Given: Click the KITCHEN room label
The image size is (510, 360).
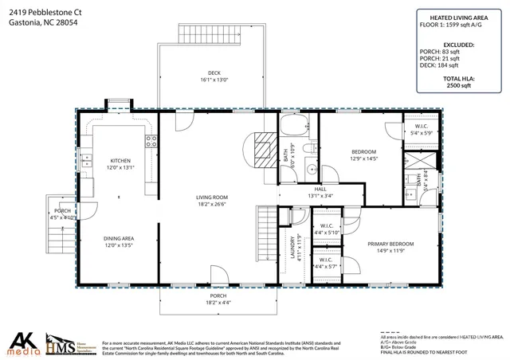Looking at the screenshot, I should (120, 160).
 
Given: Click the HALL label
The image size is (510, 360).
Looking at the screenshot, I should (320, 190).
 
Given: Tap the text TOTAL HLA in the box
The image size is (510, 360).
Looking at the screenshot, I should (458, 80).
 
